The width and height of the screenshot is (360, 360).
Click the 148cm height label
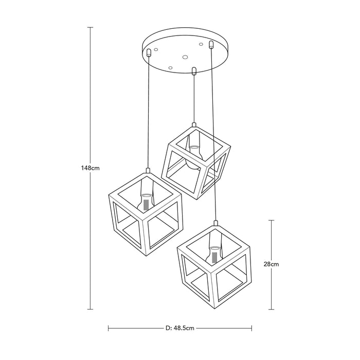90,168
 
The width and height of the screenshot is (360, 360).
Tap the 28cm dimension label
271,264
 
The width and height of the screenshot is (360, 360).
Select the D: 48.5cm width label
180,328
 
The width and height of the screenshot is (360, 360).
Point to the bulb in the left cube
146,202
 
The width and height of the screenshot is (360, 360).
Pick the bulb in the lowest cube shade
214,256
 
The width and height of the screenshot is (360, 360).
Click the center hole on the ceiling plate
185,57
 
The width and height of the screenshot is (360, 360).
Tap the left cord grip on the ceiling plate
149,52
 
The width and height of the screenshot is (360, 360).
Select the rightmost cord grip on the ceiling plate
211,44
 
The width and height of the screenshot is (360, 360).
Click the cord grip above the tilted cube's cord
194,71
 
